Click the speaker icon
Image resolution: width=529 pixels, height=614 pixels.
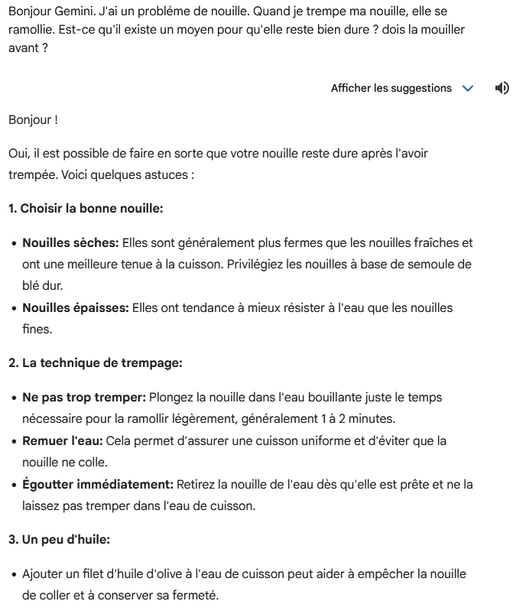tap(501, 88)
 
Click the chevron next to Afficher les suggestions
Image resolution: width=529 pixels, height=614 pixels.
tap(468, 89)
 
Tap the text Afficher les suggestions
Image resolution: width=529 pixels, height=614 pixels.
tap(391, 89)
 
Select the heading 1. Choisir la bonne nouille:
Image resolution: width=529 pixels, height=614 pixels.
tap(86, 208)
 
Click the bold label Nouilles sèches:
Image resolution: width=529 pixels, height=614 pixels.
tap(70, 242)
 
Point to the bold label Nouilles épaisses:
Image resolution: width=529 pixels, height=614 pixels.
tap(76, 307)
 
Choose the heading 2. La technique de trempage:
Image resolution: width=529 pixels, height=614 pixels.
tap(95, 362)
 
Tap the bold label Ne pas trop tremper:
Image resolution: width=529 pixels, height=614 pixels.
tap(84, 398)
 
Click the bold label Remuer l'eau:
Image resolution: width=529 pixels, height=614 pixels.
tap(62, 441)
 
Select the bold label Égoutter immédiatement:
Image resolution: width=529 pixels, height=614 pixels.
tap(98, 484)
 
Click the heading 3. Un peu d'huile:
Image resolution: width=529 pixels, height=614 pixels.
tap(59, 539)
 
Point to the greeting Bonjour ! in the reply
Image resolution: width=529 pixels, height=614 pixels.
tap(33, 120)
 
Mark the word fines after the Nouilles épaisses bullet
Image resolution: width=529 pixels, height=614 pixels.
tap(36, 329)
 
